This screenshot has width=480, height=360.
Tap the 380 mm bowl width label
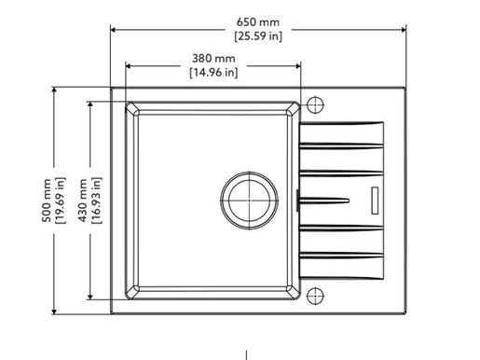point(213,58)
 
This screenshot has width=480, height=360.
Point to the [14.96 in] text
point(213,71)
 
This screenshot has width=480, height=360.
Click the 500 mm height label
point(48,201)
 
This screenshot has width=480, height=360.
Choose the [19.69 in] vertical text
point(61,201)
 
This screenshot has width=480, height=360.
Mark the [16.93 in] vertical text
point(97,201)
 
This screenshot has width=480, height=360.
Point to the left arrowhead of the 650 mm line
point(115,28)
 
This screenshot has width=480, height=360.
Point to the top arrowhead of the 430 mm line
point(90,104)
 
